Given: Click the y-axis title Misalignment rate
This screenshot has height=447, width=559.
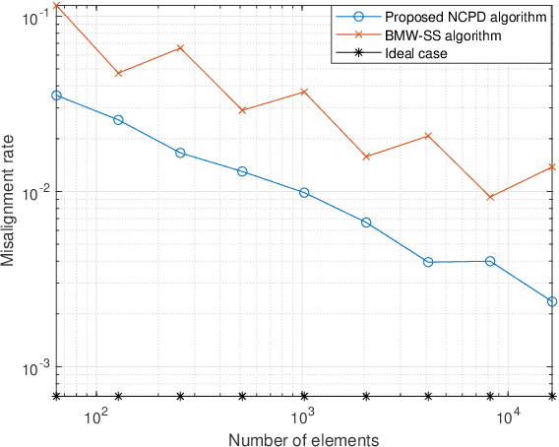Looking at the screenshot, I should (9, 201).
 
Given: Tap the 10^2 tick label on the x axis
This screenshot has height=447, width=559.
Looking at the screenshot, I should (96, 416).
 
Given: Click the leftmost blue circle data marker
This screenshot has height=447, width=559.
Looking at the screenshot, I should (57, 96).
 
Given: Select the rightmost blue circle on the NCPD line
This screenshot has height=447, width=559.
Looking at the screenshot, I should (552, 301).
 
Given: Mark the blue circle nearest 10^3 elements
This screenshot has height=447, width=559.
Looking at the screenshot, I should (304, 193).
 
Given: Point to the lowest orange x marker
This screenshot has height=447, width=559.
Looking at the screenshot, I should (490, 197).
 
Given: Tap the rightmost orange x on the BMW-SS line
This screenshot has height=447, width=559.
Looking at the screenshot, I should (552, 166).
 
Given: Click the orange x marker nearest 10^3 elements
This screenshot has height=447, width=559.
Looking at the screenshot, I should (304, 92).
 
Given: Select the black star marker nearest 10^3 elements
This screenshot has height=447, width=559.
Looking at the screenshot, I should (304, 396).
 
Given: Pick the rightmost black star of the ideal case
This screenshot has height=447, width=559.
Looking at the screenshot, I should (552, 396).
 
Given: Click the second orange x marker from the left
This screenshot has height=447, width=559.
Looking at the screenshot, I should (119, 73).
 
